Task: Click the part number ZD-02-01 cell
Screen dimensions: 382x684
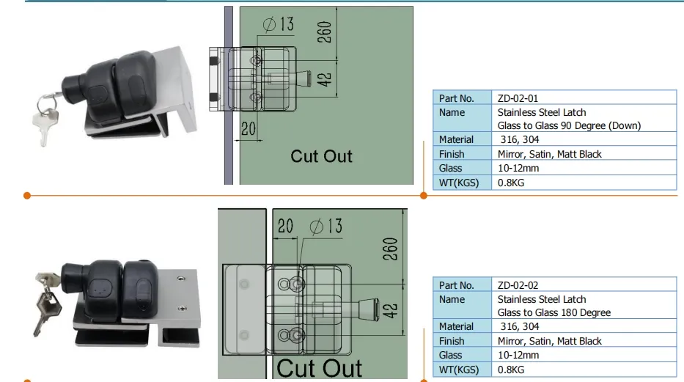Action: tap(518, 98)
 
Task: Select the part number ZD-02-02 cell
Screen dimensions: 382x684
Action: tap(518, 285)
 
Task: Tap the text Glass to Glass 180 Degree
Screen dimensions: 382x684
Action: tap(554, 312)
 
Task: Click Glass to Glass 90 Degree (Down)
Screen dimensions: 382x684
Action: tap(569, 125)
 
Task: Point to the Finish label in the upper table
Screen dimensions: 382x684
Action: tap(452, 154)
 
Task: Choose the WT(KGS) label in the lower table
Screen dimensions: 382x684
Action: tap(458, 370)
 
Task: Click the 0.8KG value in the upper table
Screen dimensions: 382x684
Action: tap(511, 183)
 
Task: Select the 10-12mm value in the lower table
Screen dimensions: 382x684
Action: tap(518, 355)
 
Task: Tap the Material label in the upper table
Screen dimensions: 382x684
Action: tap(456, 139)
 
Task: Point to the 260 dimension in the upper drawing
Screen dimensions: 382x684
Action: tap(326, 32)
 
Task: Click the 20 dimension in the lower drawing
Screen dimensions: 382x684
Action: tap(285, 226)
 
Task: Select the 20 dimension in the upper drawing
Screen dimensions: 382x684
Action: tap(249, 129)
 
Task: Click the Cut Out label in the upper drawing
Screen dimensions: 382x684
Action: tap(321, 155)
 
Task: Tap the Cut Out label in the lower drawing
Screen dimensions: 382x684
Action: tap(319, 367)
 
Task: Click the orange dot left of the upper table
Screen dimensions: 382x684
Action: tap(423, 196)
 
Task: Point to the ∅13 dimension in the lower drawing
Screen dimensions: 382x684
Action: tap(326, 226)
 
